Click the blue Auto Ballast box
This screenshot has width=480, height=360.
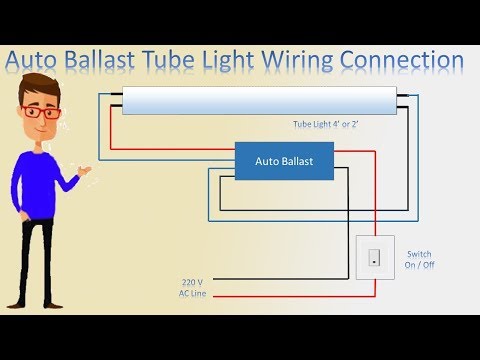(x=284, y=160)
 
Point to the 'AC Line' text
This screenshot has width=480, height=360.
(x=193, y=294)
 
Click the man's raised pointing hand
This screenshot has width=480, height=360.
(x=91, y=172)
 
